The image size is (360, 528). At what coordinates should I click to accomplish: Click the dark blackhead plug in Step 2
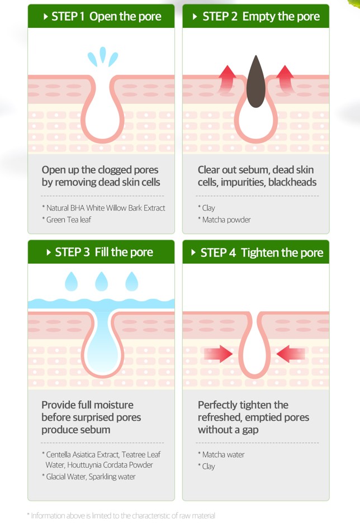[255, 83]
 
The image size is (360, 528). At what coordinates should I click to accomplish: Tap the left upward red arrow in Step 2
[228, 78]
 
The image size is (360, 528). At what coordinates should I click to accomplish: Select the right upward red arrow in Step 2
[285, 78]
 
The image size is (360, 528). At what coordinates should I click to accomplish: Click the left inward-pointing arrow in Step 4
[218, 354]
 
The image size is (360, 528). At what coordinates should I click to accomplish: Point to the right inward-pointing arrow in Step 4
[290, 354]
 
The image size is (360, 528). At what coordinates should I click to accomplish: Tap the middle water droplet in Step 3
[101, 282]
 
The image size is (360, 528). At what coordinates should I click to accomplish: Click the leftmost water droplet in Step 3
[71, 282]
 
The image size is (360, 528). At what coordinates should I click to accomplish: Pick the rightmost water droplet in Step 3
[132, 282]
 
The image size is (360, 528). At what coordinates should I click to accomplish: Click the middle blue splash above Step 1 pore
[103, 55]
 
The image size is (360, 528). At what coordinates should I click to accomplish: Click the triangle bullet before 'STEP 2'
[195, 17]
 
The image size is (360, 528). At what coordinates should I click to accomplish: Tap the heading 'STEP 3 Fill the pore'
[104, 252]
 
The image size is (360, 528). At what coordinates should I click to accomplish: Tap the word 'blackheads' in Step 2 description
[292, 182]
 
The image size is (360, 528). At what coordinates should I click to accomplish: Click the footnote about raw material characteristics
[121, 516]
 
